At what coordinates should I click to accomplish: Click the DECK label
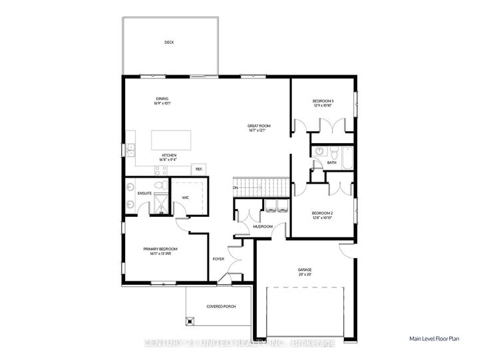[169, 43]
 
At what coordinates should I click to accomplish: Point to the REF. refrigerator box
[198, 169]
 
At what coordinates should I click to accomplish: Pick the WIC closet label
[186, 198]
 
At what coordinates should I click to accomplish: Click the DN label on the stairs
[236, 188]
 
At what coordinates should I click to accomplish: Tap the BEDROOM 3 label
[323, 100]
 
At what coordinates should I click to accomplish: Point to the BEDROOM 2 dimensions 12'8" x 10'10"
[323, 218]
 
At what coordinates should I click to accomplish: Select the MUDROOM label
[263, 226]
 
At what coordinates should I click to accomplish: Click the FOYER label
[218, 259]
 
